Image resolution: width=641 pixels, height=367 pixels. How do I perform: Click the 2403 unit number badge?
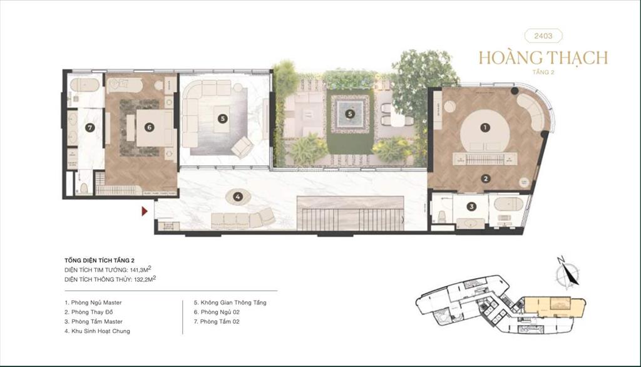pyautogui.click(x=543, y=36)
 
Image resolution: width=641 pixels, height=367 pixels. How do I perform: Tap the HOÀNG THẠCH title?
pyautogui.click(x=543, y=58)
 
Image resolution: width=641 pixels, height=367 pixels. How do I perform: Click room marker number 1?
pyautogui.click(x=484, y=127)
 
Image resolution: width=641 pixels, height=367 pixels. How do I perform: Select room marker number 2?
pyautogui.click(x=485, y=178)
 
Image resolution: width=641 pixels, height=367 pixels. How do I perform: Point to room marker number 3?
pyautogui.click(x=471, y=205)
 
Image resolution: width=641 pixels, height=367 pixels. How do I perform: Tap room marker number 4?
pyautogui.click(x=237, y=197)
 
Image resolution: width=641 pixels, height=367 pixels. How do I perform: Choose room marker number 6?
pyautogui.click(x=149, y=127)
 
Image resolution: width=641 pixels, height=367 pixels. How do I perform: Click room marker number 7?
pyautogui.click(x=90, y=128)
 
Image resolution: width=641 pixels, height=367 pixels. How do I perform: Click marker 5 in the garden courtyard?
pyautogui.click(x=350, y=114)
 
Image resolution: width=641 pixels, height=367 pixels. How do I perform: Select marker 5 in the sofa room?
pyautogui.click(x=222, y=117)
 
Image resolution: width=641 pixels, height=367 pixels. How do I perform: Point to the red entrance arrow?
pyautogui.click(x=145, y=212)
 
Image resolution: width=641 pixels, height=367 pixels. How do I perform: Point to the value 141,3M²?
pyautogui.click(x=135, y=269)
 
